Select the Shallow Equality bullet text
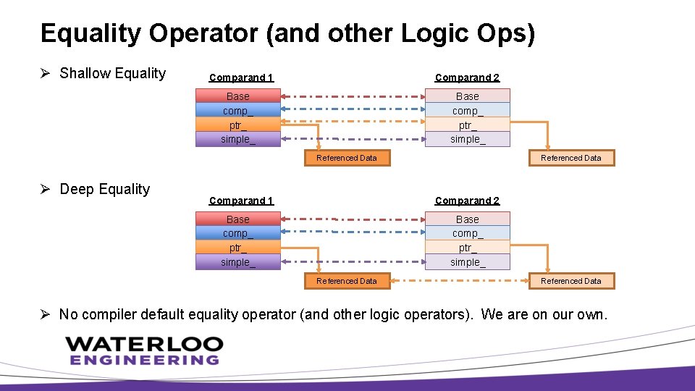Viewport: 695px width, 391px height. click(112, 73)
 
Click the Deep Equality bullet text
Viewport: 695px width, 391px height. click(104, 189)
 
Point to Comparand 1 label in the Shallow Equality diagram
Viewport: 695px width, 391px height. click(240, 77)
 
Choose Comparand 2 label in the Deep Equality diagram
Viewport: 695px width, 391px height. click(467, 201)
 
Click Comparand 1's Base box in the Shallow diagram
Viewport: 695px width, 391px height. click(237, 96)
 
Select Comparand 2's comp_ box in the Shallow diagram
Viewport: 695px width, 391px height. click(467, 111)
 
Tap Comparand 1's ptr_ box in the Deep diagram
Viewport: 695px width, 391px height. click(237, 248)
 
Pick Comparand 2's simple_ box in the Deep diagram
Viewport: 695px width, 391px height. click(467, 262)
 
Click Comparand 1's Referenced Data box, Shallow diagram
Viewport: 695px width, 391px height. click(347, 158)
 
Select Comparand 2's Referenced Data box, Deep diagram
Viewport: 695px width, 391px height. click(570, 281)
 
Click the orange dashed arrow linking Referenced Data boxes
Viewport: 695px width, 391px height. click(459, 281)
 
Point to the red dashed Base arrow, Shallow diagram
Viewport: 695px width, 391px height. click(353, 96)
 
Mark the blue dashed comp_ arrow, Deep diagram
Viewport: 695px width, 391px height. click(353, 232)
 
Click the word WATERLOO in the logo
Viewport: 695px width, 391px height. click(143, 343)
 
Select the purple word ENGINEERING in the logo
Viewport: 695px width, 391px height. click(143, 360)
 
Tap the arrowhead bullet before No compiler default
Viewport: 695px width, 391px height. click(45, 314)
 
